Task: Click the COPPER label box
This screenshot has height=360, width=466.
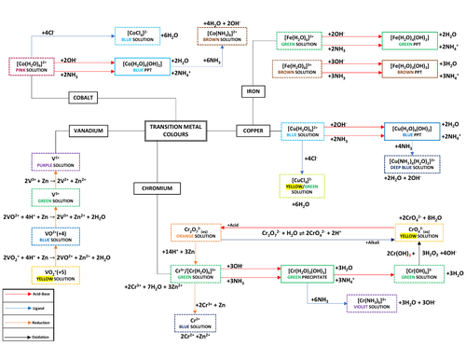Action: [251, 131]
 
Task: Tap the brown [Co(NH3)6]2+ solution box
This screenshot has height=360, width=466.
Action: [219, 37]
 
